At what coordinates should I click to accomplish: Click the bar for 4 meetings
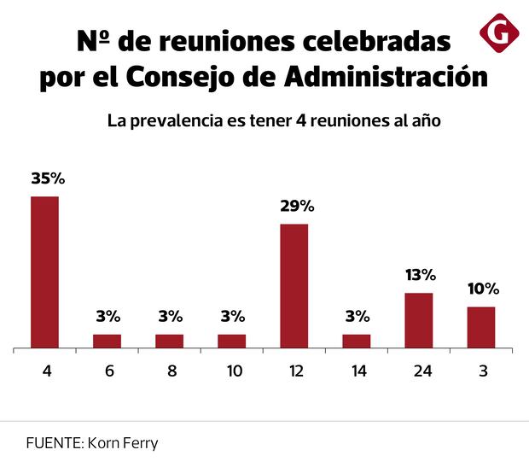(x=44, y=272)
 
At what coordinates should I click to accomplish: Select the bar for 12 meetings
(x=294, y=285)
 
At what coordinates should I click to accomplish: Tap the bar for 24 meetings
(x=419, y=320)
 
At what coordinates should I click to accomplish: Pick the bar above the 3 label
(x=481, y=327)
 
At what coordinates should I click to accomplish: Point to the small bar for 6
(x=107, y=341)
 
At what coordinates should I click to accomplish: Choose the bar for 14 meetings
(x=357, y=341)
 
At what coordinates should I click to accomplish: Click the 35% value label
(x=48, y=179)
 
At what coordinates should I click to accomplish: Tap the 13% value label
(x=421, y=275)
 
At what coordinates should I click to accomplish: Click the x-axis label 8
(x=170, y=371)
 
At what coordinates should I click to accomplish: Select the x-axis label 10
(x=232, y=371)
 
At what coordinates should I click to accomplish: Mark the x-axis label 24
(x=419, y=371)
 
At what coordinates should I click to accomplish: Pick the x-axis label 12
(x=294, y=371)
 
